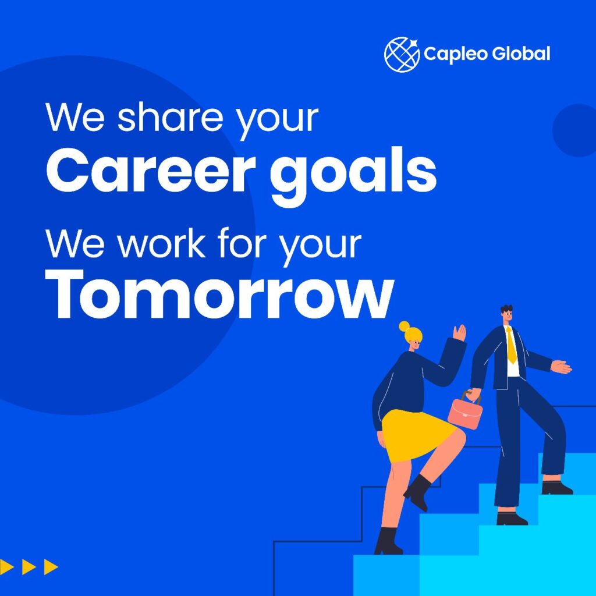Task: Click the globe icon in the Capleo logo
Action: (402, 54)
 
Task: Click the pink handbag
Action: (465, 410)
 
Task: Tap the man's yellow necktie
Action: (511, 345)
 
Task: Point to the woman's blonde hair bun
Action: (405, 327)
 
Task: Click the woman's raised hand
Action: (460, 332)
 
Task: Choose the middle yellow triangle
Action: (29, 567)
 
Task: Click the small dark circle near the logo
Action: (574, 130)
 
